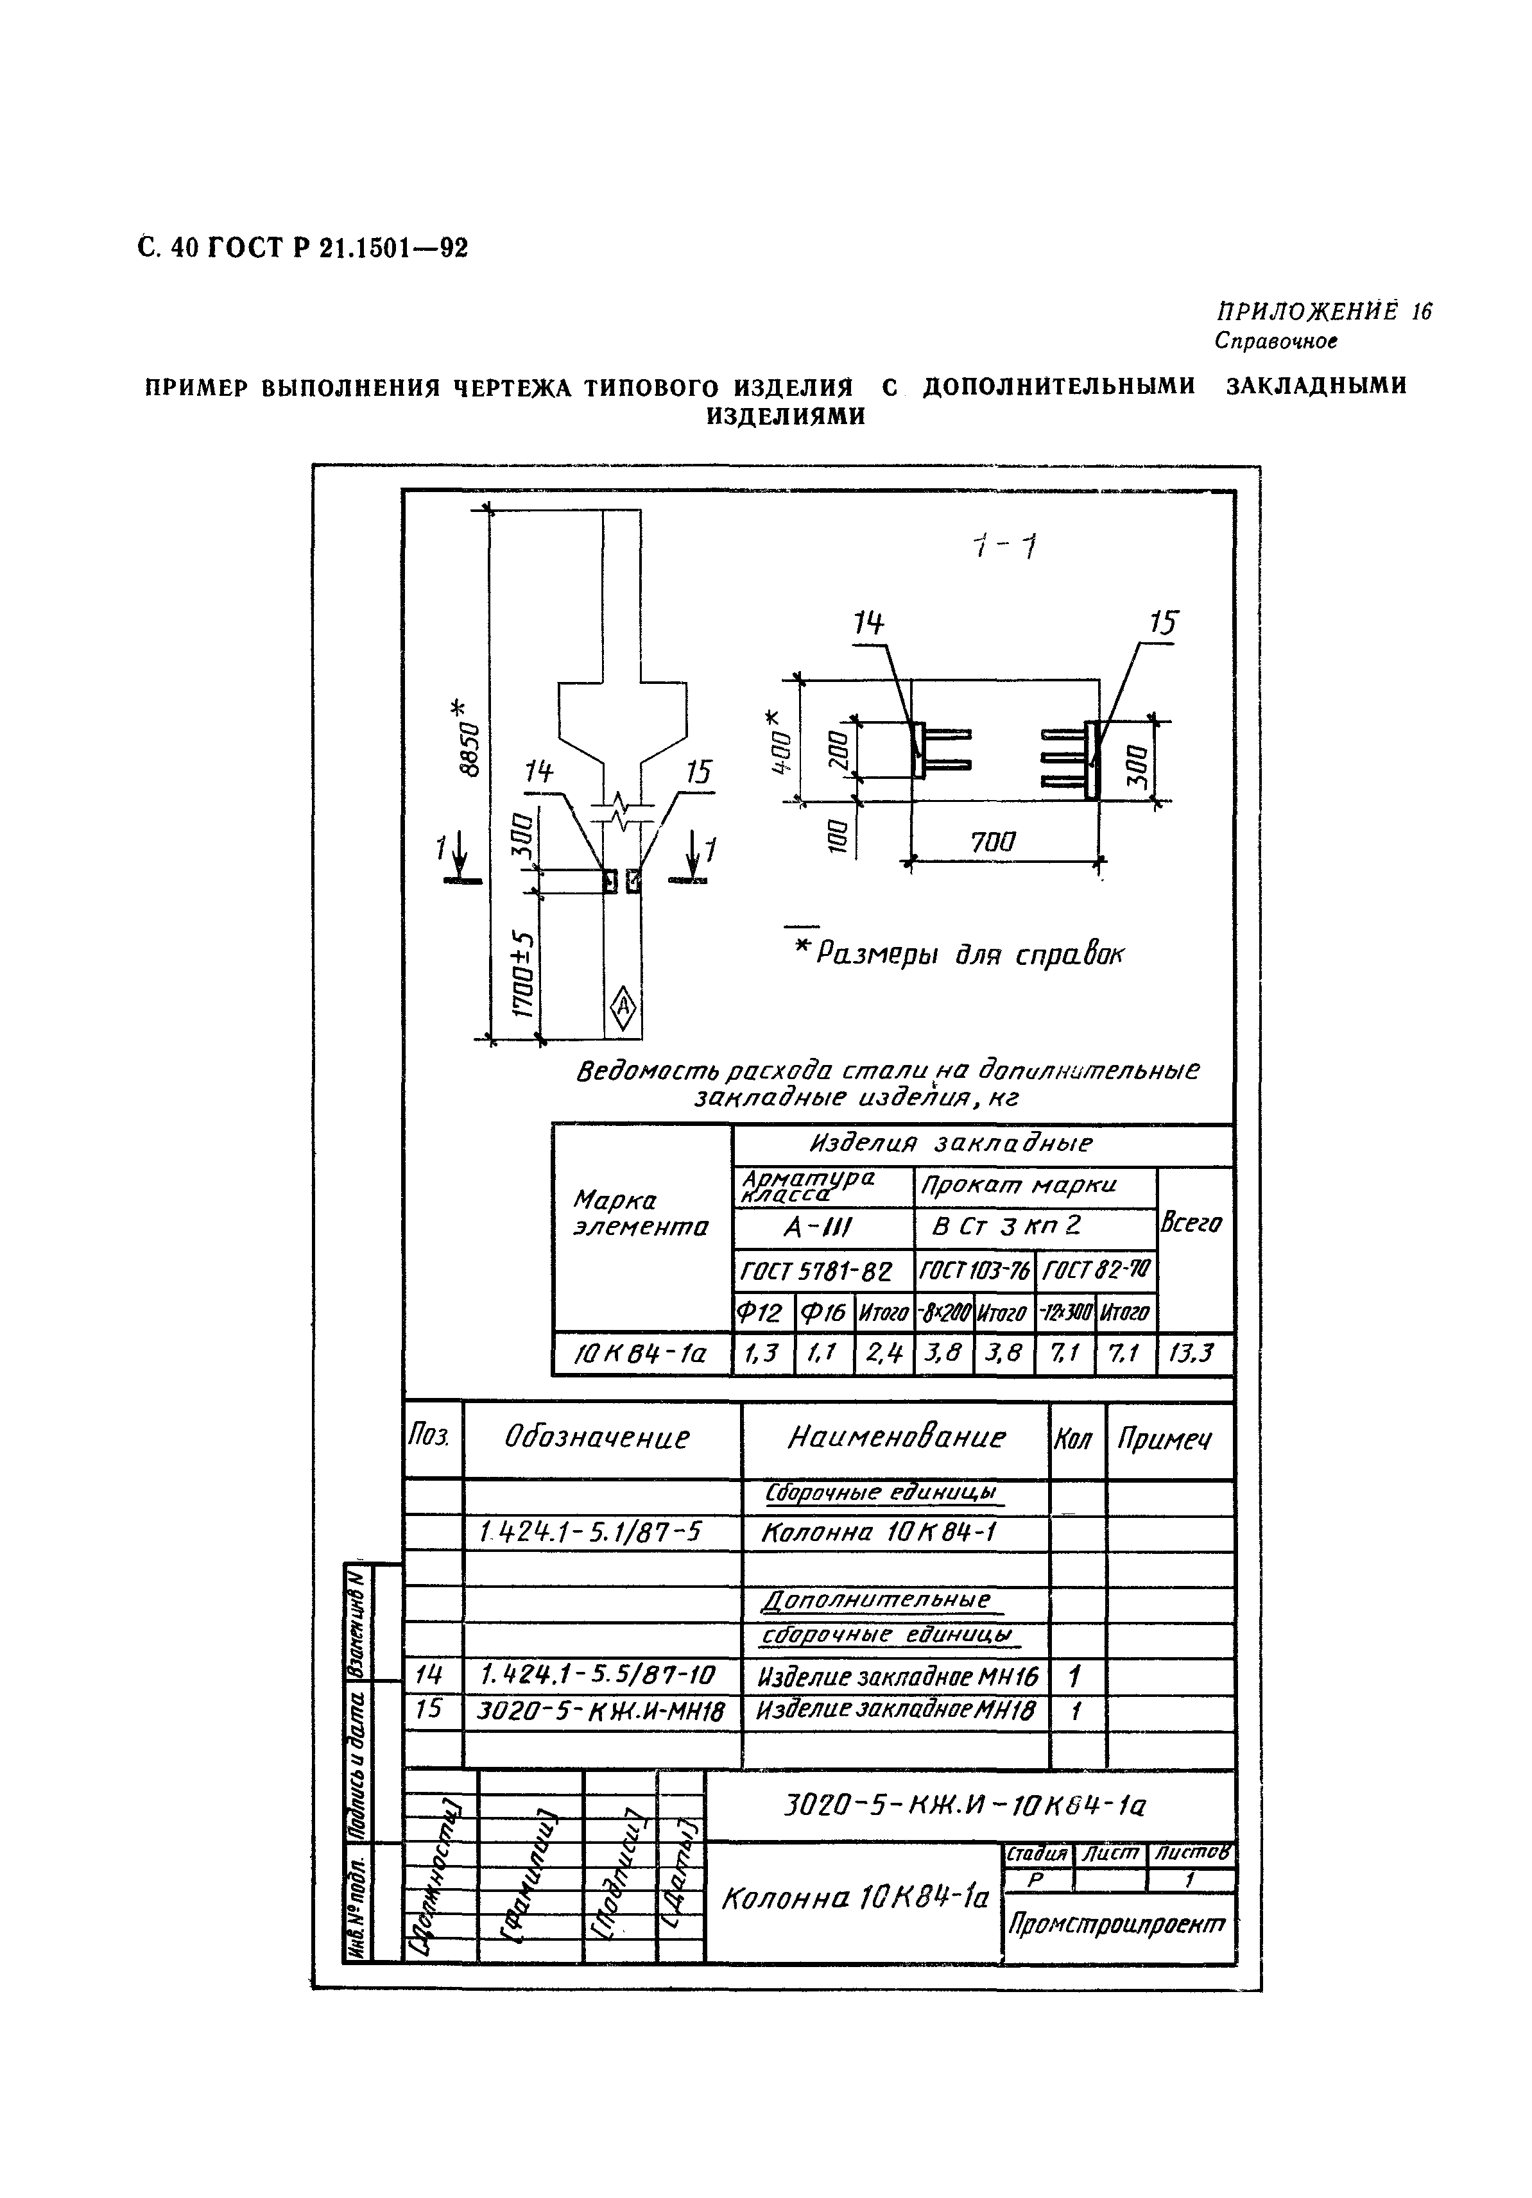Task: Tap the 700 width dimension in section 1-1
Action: click(x=993, y=842)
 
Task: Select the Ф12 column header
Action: click(x=762, y=1313)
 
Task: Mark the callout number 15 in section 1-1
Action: click(x=1162, y=623)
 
